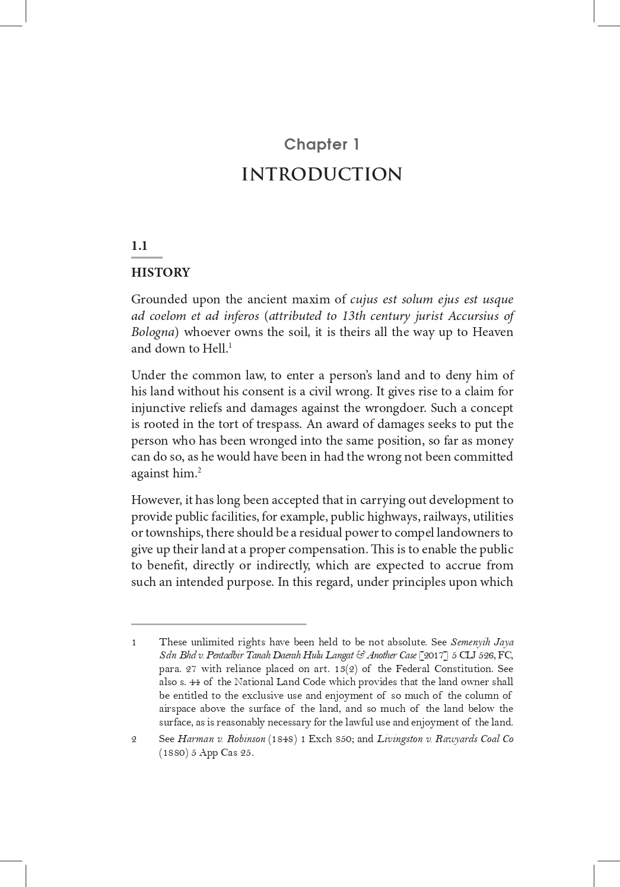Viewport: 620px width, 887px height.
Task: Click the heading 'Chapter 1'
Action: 322,144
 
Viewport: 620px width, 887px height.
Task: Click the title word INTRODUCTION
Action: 322,175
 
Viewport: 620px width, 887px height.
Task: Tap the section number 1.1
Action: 139,246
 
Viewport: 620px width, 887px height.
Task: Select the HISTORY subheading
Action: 161,273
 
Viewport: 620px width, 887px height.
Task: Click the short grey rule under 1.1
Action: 147,258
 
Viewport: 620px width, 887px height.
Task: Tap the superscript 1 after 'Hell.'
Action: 230,345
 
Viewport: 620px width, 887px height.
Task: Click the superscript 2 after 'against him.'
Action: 199,470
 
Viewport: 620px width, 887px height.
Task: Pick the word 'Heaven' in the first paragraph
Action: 492,332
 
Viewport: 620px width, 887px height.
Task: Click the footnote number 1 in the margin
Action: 134,642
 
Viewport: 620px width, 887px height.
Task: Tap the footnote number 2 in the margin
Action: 134,740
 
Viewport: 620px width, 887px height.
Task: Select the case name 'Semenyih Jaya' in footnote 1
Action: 482,642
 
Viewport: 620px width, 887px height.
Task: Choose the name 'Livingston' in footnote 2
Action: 398,739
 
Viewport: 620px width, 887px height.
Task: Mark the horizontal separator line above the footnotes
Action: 218,624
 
